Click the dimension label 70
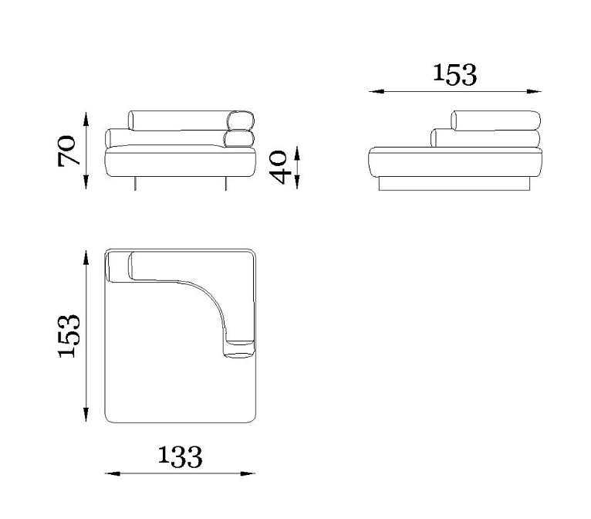[69, 151]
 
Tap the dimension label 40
[279, 167]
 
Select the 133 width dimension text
[180, 456]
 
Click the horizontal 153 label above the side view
[454, 74]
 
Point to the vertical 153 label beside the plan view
[69, 335]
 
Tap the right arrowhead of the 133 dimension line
[248, 473]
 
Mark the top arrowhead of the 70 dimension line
[86, 119]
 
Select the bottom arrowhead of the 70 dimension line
[86, 181]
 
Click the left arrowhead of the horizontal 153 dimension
[377, 91]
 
